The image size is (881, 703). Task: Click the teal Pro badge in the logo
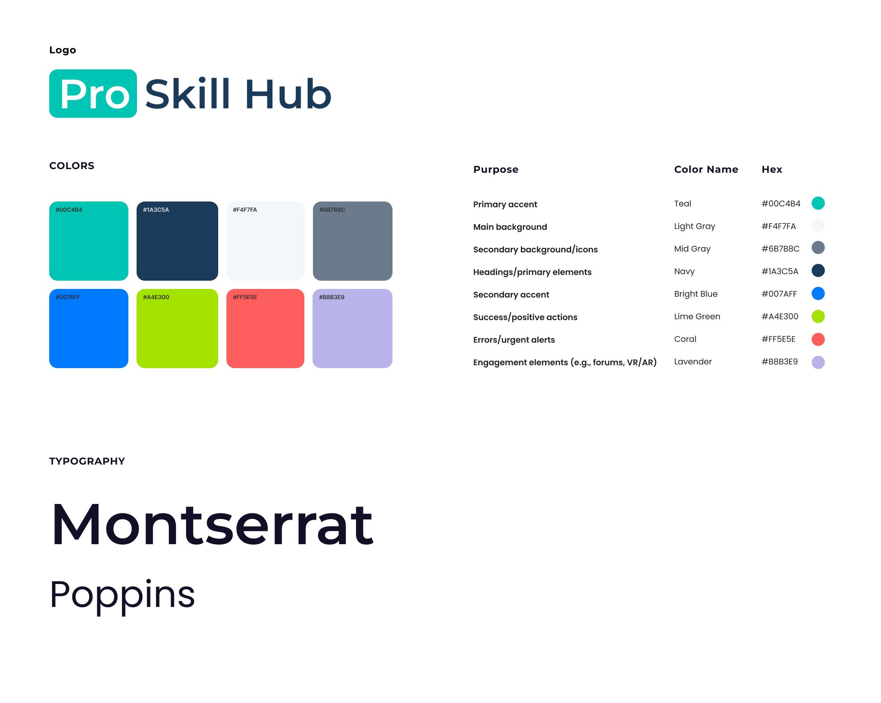(93, 94)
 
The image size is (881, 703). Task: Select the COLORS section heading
(72, 166)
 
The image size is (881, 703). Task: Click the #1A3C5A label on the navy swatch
(156, 210)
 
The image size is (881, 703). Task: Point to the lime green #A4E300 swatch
(177, 328)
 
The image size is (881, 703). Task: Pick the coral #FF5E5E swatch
(265, 328)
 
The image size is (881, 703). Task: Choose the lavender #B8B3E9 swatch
(352, 328)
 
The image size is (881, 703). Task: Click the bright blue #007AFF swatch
(89, 328)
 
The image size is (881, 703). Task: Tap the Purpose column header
(496, 169)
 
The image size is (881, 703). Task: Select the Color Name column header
(706, 169)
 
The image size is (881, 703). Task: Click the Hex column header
(772, 169)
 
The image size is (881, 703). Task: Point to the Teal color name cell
(683, 204)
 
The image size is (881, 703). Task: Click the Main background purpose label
(510, 227)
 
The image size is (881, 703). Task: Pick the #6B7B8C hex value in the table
(781, 249)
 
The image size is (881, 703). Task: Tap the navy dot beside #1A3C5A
(818, 270)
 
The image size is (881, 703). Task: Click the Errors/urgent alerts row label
(514, 340)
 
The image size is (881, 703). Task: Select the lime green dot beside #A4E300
(818, 316)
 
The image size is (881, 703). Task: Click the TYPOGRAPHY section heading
(87, 461)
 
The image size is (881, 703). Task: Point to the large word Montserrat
(212, 525)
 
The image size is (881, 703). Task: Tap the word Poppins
(122, 596)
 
